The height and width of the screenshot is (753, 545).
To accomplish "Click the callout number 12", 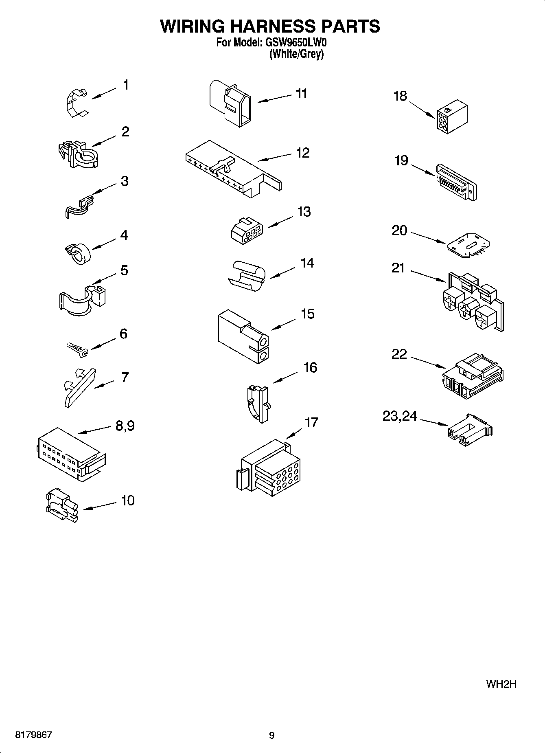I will pos(302,153).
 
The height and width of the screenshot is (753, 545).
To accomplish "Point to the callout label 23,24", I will pos(400,416).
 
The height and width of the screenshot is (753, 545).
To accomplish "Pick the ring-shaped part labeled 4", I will pos(78,253).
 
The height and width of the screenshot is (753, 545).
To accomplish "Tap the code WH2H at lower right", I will pos(501,685).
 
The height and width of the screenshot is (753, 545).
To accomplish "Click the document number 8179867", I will pos(33,735).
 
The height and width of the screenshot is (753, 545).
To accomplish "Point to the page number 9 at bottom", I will pos(272,735).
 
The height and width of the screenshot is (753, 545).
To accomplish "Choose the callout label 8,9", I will pos(125,426).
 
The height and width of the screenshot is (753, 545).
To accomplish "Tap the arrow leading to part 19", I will pos(423,170).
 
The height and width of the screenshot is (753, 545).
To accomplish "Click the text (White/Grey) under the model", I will pos(296,54).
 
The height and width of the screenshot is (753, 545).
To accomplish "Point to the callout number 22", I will pos(399,354).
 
